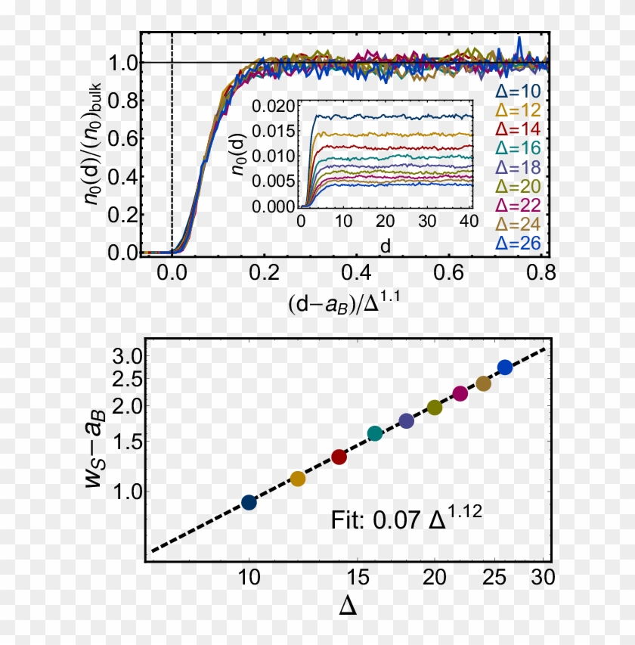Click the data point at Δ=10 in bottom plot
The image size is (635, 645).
point(249,502)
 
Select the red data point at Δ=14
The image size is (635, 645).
point(339,457)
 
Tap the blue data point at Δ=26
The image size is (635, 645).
point(504,367)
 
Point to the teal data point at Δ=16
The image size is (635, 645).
point(375,433)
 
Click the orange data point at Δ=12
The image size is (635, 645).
point(298,479)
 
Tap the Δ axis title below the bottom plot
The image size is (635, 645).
point(347,607)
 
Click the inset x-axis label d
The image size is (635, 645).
point(386,246)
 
